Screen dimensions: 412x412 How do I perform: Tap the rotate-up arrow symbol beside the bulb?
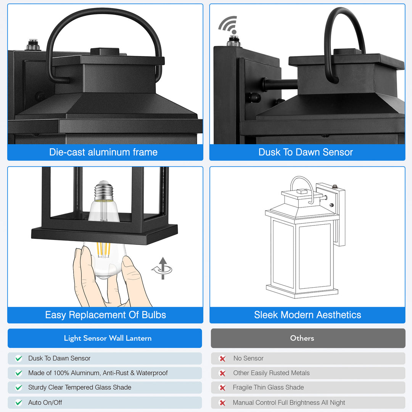(163, 269)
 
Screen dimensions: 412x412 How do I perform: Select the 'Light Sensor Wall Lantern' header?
(108, 338)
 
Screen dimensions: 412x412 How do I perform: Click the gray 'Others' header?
(302, 338)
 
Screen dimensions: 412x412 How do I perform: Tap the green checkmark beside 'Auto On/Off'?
(19, 402)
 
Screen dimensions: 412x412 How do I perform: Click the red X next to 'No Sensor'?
(222, 359)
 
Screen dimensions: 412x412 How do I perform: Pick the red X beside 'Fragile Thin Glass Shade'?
(222, 388)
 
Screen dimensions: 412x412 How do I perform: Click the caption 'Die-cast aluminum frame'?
(103, 152)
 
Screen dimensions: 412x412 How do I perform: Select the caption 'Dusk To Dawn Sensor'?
(306, 152)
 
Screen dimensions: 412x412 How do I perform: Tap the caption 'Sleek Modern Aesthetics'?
(307, 315)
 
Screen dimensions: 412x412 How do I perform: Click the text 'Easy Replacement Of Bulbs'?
(105, 315)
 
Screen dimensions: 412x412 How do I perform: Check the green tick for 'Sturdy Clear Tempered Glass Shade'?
(19, 388)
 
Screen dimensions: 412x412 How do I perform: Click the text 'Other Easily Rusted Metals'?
(271, 373)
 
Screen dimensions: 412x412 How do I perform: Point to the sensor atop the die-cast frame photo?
(33, 45)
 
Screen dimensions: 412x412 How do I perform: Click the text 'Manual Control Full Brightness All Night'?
(289, 402)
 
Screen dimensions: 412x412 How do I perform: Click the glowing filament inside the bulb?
(103, 249)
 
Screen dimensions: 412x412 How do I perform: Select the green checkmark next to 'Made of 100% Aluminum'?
(19, 373)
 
